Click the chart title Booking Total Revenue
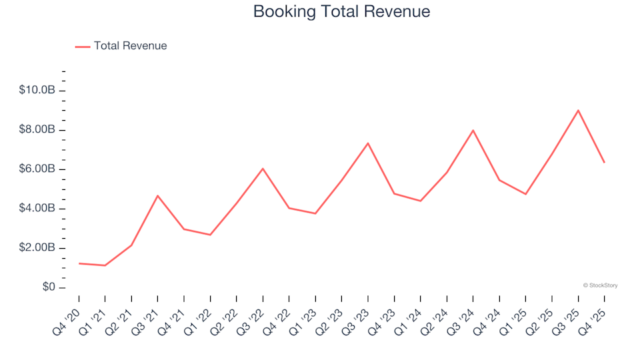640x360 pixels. point(341,11)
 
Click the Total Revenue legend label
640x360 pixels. point(130,46)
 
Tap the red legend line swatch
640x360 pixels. point(83,47)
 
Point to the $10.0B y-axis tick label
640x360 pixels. point(37,90)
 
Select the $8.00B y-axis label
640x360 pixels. point(37,129)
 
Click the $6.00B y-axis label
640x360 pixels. point(37,169)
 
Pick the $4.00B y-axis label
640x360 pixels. point(37,209)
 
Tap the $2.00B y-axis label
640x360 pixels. point(37,248)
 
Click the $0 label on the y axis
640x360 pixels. point(47,287)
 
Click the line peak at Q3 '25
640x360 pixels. point(578,111)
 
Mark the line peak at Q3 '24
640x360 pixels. point(473,130)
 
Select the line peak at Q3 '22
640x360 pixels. point(263,169)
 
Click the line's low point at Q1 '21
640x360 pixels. point(105,265)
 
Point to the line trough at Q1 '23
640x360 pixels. point(315,213)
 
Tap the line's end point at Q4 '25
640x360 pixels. point(604,162)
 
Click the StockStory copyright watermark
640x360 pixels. point(600,285)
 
